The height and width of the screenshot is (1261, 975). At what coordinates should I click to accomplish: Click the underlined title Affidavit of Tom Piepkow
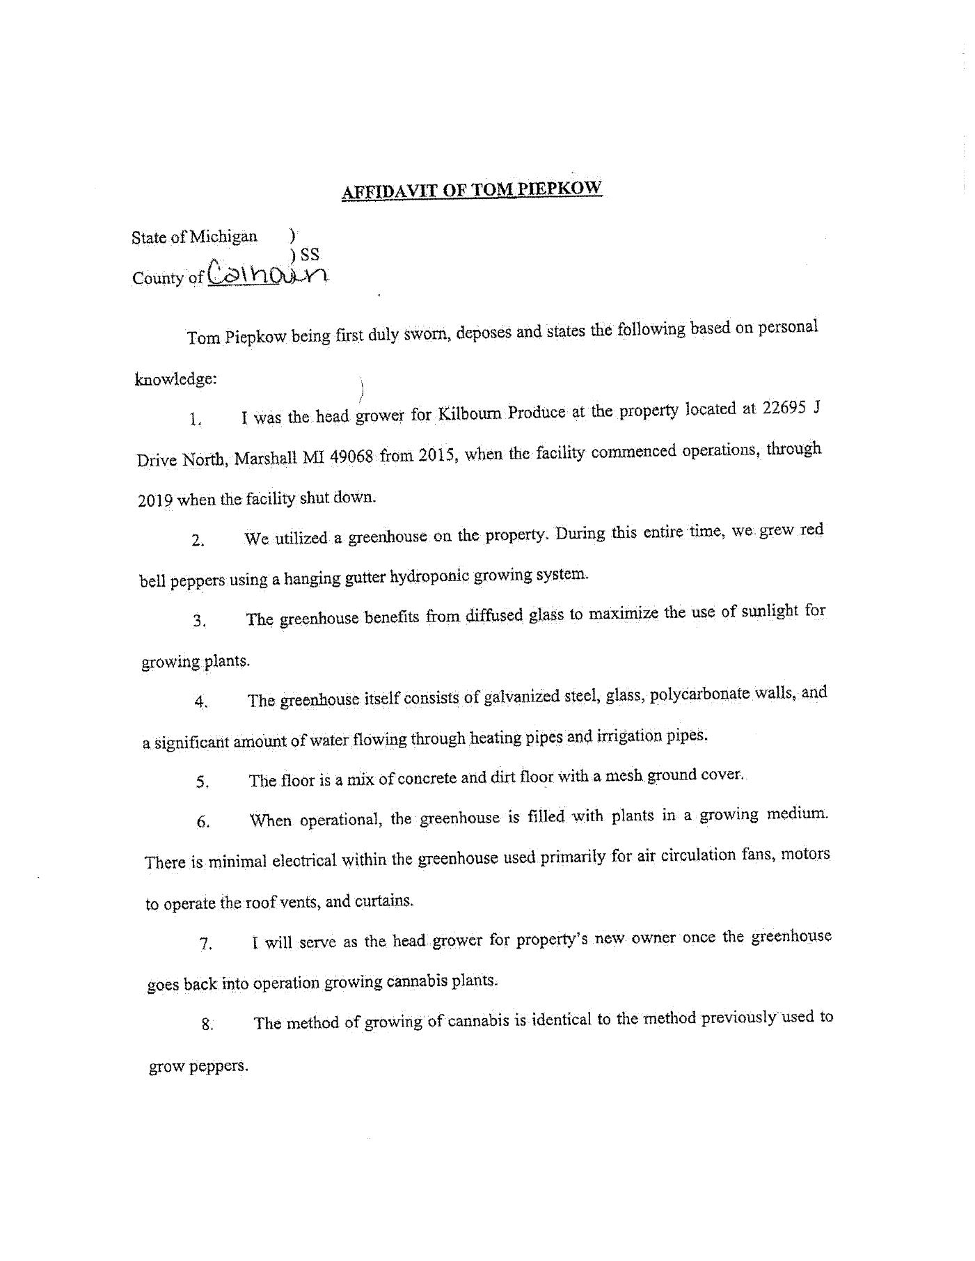[x=471, y=190]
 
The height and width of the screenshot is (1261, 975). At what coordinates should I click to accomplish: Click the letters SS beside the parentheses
[x=310, y=255]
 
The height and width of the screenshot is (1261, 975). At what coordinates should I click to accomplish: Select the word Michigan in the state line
[x=223, y=237]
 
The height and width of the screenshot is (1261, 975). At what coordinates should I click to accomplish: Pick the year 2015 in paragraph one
[x=437, y=456]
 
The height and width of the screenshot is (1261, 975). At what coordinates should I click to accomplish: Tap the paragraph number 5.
[x=203, y=782]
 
